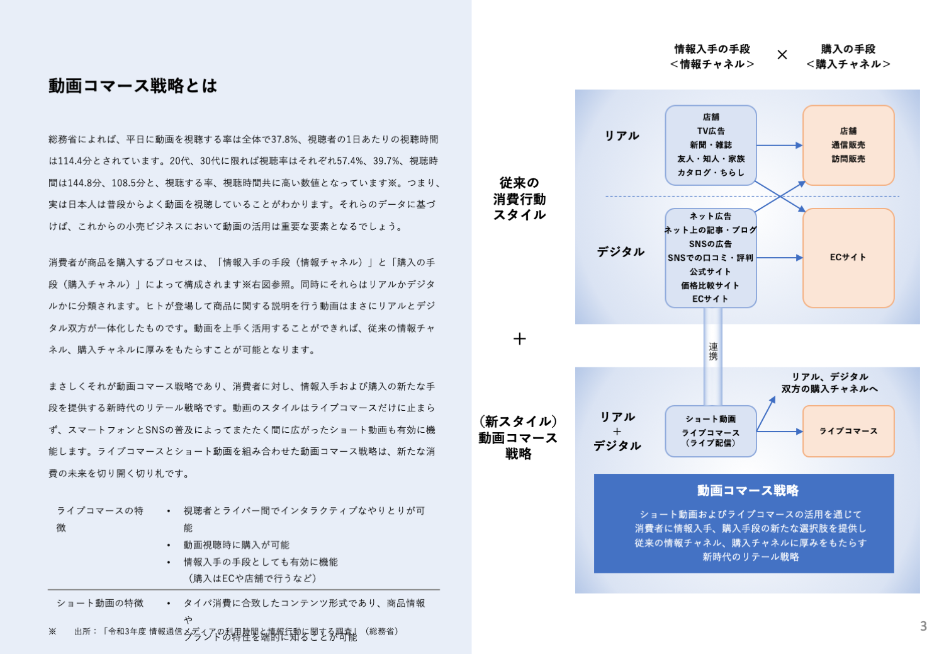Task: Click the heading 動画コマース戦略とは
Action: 133,86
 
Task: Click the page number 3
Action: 923,626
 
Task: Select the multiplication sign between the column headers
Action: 782,55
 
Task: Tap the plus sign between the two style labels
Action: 519,339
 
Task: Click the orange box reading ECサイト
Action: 848,258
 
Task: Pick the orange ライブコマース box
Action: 848,431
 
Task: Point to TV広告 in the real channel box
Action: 711,131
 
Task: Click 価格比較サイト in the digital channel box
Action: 710,285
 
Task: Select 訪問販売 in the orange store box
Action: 848,159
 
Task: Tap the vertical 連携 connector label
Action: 713,352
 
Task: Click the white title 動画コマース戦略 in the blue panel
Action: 748,490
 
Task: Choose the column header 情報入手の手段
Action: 712,49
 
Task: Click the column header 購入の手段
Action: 848,49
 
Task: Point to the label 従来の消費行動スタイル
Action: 519,199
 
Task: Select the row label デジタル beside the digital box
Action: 621,252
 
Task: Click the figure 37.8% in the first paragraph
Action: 285,139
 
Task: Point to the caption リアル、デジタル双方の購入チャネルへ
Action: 829,382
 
